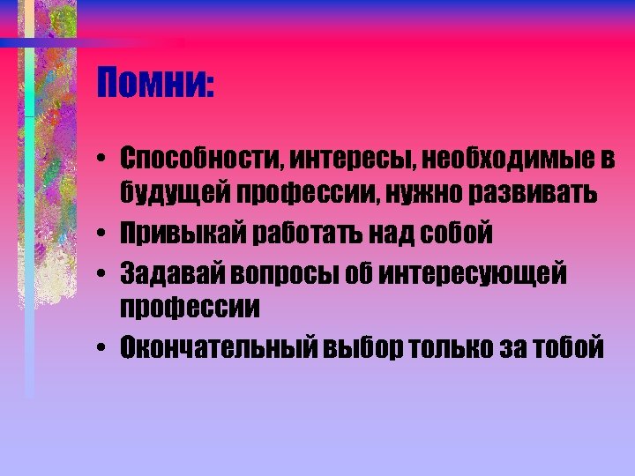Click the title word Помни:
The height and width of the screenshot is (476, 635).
point(156,86)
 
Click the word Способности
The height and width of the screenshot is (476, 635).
point(197,160)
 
